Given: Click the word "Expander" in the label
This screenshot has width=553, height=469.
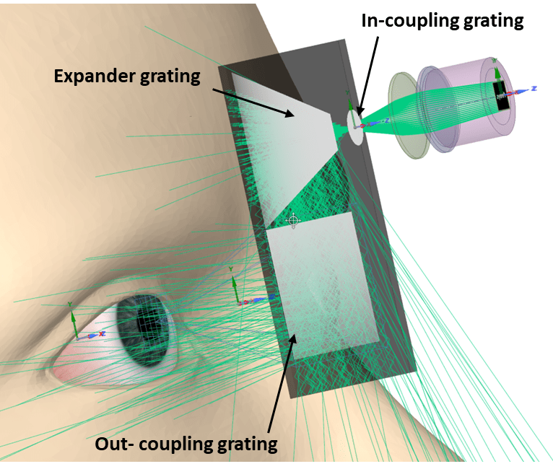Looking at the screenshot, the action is click(x=94, y=76).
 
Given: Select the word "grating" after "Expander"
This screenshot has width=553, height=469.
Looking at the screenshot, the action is click(x=170, y=77).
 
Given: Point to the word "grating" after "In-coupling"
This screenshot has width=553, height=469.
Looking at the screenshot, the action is click(x=493, y=22).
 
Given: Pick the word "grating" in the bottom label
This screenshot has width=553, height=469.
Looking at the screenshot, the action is click(x=247, y=444).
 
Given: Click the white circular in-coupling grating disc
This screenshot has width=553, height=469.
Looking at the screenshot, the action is click(x=355, y=127).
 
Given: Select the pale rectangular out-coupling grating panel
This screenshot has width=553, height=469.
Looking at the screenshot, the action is click(x=323, y=286).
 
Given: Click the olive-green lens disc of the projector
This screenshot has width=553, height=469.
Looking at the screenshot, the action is click(x=409, y=115).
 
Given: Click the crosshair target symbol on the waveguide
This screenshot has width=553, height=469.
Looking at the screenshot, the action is click(x=293, y=221).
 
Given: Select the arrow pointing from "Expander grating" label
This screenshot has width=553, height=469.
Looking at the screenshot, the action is click(x=253, y=102).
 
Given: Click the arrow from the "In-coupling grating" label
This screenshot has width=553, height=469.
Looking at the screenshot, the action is click(x=368, y=76).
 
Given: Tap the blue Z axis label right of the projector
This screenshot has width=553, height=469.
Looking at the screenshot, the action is click(x=534, y=88).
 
